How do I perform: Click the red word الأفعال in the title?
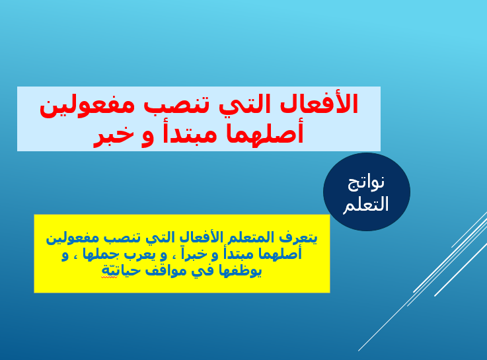[319, 104]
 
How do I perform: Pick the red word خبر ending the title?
[114, 135]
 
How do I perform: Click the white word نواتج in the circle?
[366, 183]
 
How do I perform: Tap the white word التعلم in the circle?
[366, 204]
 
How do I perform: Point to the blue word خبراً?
[198, 254]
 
